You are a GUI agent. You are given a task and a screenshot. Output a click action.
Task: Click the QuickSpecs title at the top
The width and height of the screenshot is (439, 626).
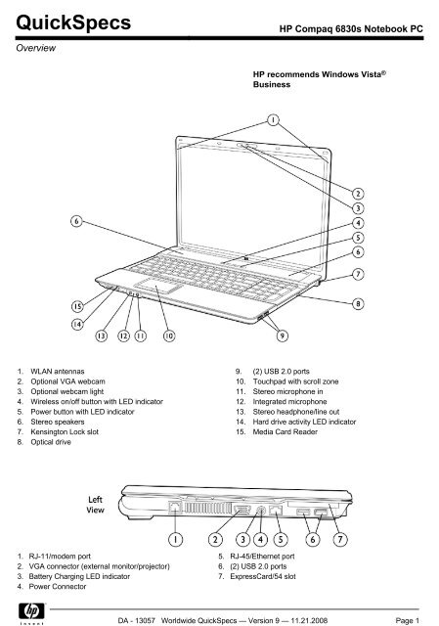(x=73, y=22)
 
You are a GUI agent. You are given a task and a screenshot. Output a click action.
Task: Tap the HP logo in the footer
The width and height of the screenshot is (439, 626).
(x=32, y=611)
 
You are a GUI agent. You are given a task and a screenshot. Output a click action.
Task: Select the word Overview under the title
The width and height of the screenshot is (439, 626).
(x=35, y=48)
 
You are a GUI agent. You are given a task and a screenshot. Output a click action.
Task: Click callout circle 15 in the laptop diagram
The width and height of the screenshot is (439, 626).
(x=77, y=306)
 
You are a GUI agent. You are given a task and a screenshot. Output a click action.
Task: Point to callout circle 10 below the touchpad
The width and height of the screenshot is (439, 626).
(x=169, y=335)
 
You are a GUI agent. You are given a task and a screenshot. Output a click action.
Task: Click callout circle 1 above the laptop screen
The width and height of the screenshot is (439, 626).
(x=273, y=119)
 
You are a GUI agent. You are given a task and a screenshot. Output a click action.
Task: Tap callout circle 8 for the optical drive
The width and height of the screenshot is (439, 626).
(x=358, y=304)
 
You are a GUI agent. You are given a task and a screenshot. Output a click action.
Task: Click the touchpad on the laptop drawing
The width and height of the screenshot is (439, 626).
(x=158, y=286)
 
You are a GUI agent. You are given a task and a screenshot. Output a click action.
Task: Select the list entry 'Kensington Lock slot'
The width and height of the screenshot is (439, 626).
(x=65, y=432)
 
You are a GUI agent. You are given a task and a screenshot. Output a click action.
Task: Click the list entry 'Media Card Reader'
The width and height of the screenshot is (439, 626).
(x=285, y=432)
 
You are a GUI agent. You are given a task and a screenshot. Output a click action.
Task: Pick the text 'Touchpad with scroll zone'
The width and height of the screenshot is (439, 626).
(x=295, y=381)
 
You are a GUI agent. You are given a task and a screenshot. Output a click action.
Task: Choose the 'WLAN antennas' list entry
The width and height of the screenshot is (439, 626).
(x=58, y=372)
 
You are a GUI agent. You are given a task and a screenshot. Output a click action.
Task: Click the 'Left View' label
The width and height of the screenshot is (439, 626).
(x=96, y=505)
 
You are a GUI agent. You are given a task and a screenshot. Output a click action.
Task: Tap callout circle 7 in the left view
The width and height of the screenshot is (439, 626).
(x=340, y=540)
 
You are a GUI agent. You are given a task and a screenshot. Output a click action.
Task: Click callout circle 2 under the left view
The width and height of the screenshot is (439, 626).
(x=215, y=540)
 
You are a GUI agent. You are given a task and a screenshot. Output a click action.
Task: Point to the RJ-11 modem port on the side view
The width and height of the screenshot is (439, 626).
(x=175, y=508)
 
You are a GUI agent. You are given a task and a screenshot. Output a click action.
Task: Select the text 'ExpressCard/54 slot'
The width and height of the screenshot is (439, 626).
(x=263, y=576)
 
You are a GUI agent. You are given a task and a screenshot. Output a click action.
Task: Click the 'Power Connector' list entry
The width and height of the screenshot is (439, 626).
(x=58, y=587)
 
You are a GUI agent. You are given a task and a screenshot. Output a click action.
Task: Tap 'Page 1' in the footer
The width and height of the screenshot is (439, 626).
(x=408, y=620)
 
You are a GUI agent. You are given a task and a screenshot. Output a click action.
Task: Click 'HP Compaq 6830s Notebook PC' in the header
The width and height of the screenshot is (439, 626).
(x=351, y=28)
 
